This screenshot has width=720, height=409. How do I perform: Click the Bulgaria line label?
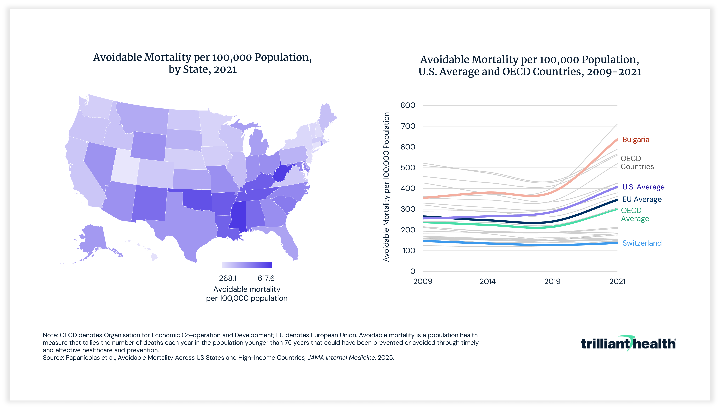(x=636, y=140)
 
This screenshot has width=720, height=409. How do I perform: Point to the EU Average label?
(x=642, y=199)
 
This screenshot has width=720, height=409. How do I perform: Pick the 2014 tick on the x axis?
(x=487, y=281)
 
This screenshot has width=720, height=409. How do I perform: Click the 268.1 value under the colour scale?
(x=228, y=278)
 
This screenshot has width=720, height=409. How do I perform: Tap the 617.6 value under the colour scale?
(x=266, y=278)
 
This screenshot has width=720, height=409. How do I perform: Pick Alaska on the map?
(x=93, y=239)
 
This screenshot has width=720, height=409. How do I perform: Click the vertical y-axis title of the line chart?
(x=387, y=187)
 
